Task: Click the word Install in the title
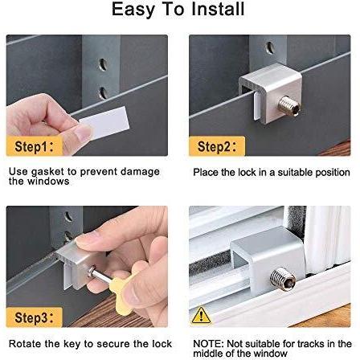[x=218, y=9]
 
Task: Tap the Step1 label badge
[x=35, y=146]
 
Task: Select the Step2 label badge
[x=217, y=146]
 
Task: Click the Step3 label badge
[x=35, y=317]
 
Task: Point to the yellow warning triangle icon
[x=201, y=315]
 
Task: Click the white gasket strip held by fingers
[x=107, y=123]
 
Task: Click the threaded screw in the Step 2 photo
[x=289, y=106]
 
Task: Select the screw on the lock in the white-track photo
[x=283, y=280]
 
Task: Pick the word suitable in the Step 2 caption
[x=295, y=172]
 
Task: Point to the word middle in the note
[x=208, y=354]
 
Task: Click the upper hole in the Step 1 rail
[x=103, y=64]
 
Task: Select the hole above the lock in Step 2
[x=270, y=47]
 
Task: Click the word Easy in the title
[x=133, y=10]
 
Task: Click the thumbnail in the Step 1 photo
[x=83, y=133]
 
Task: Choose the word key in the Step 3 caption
[x=72, y=344]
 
